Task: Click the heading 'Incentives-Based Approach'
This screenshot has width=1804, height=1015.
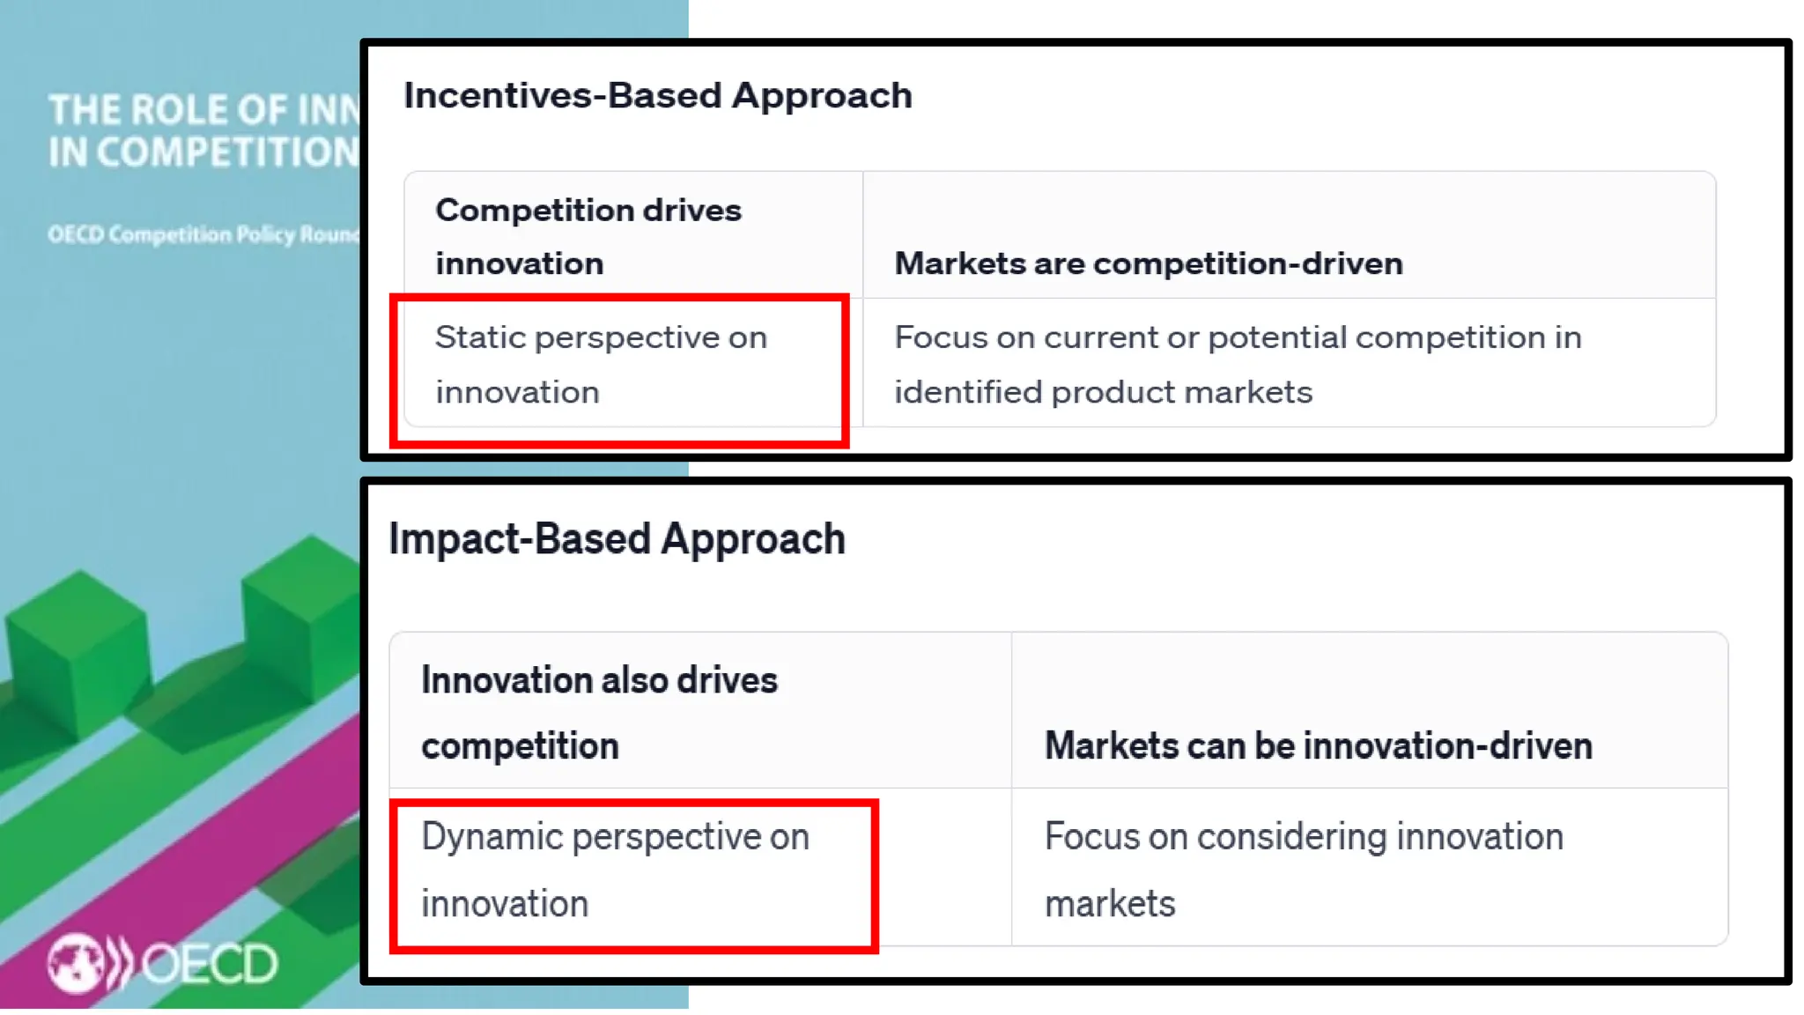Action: (657, 95)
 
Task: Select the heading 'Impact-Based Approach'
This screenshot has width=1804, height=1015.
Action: (617, 538)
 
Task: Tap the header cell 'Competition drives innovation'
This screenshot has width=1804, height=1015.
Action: (588, 236)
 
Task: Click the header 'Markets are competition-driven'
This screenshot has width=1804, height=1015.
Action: (1148, 263)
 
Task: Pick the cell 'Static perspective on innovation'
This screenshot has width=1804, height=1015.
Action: (601, 364)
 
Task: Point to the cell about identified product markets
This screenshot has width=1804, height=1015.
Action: (1237, 364)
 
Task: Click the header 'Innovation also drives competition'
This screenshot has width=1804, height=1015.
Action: (599, 712)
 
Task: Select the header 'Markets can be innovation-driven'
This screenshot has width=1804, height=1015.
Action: (1318, 745)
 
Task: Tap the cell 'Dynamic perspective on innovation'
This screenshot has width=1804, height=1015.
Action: (614, 869)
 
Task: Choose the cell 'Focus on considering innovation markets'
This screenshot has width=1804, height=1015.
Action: (1303, 869)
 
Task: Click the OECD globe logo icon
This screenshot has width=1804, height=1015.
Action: (77, 962)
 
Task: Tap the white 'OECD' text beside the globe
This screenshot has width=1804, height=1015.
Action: (210, 964)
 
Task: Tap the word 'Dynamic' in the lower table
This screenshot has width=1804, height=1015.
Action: (491, 837)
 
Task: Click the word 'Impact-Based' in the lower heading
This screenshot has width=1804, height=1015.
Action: (521, 538)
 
